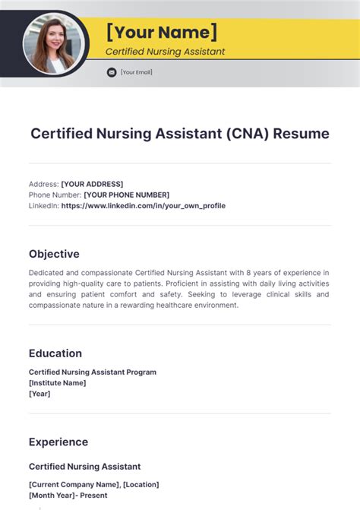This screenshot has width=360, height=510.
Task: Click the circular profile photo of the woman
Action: click(52, 44)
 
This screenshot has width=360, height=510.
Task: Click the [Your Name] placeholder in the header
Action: click(161, 32)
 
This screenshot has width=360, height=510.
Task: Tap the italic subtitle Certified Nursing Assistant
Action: click(165, 52)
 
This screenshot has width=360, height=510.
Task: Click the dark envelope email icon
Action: click(112, 72)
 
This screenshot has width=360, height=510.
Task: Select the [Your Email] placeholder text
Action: click(137, 72)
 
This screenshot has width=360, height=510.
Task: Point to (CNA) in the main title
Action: click(246, 134)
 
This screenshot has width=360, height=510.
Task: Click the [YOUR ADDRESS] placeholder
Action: click(92, 184)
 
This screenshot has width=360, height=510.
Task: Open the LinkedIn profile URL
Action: click(144, 205)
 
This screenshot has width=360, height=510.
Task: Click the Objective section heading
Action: click(54, 254)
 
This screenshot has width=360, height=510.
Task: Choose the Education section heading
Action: click(55, 353)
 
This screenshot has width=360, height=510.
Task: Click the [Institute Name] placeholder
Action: click(58, 383)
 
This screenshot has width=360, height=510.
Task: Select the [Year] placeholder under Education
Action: click(39, 394)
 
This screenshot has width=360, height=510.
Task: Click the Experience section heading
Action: click(58, 442)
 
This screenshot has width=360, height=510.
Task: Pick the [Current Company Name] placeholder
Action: click(74, 484)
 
